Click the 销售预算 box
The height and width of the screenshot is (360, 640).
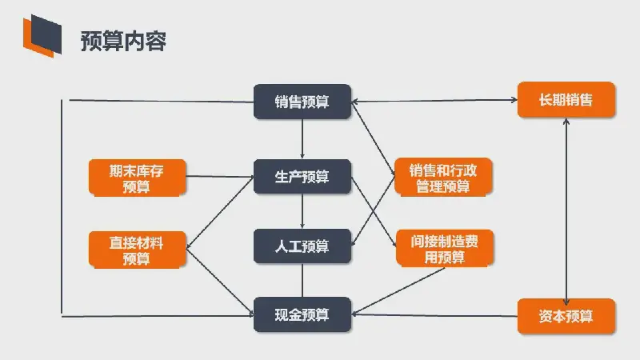tap(302, 102)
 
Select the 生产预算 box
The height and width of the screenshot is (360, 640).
tap(302, 176)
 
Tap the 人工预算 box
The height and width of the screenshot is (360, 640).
tap(302, 246)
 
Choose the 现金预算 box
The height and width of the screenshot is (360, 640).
tap(302, 314)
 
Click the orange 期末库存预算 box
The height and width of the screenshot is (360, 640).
tap(137, 178)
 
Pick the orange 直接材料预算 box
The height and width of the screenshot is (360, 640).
tap(137, 250)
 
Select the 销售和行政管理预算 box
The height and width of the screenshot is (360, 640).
tap(443, 177)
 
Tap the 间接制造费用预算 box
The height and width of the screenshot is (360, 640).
tap(445, 249)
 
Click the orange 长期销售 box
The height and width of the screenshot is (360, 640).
tap(566, 99)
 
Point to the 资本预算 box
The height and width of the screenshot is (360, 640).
tap(566, 316)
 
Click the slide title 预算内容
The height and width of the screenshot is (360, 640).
tap(123, 41)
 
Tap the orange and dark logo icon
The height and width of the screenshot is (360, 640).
tap(42, 36)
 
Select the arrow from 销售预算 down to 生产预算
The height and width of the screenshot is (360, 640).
tap(302, 138)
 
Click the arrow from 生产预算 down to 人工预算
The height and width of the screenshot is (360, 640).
tap(302, 211)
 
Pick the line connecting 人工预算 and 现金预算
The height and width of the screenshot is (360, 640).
tap(302, 281)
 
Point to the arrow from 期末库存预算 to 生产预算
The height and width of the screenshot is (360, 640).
tap(219, 176)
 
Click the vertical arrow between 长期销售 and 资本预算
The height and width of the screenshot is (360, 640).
tap(566, 212)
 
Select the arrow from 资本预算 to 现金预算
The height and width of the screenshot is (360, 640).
tap(434, 314)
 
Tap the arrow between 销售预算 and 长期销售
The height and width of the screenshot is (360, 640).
tap(434, 100)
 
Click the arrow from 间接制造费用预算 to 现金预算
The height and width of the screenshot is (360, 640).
tap(398, 291)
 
